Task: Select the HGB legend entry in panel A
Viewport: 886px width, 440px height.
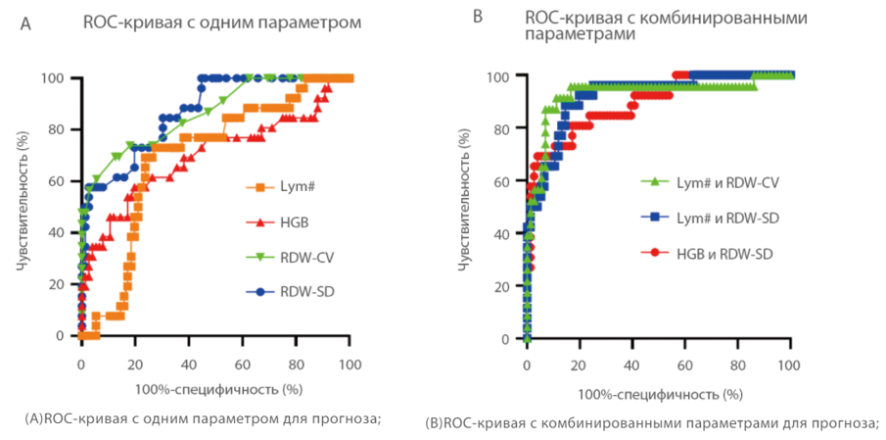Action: point(283,222)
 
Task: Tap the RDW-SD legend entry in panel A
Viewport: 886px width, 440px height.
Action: point(295,291)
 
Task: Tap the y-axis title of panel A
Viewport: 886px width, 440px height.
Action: point(21,206)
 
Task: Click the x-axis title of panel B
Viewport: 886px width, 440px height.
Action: point(658,393)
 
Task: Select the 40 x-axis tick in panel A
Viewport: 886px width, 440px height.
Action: point(188,363)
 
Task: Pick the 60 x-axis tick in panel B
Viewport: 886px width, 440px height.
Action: point(683,366)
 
